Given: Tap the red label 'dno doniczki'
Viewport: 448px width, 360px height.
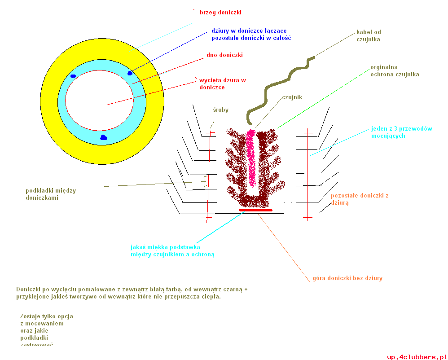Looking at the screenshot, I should point(224,55).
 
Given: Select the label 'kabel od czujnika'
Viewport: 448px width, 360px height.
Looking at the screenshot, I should point(369,36).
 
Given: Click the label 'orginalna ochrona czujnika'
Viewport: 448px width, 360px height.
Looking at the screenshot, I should point(395,71).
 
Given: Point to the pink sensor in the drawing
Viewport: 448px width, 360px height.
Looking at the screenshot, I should point(252,157).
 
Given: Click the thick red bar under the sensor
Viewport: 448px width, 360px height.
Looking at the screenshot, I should point(255,210).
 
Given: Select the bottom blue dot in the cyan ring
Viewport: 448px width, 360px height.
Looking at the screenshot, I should point(104,137).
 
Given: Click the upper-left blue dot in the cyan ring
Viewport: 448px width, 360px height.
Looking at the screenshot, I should point(73,76).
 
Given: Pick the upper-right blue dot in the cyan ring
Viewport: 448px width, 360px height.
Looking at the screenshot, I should point(130,73).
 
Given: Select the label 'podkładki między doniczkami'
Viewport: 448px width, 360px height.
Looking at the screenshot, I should point(44,194).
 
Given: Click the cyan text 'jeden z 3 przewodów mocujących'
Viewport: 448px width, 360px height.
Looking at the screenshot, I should point(401,132).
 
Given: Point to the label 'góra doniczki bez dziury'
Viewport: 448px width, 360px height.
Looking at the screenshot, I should point(347,278).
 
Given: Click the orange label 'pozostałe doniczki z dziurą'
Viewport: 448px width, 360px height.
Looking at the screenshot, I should point(359,199).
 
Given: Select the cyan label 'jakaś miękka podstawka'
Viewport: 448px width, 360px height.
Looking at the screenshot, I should point(165,247).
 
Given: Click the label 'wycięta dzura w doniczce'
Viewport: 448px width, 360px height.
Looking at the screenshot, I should point(223,83).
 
